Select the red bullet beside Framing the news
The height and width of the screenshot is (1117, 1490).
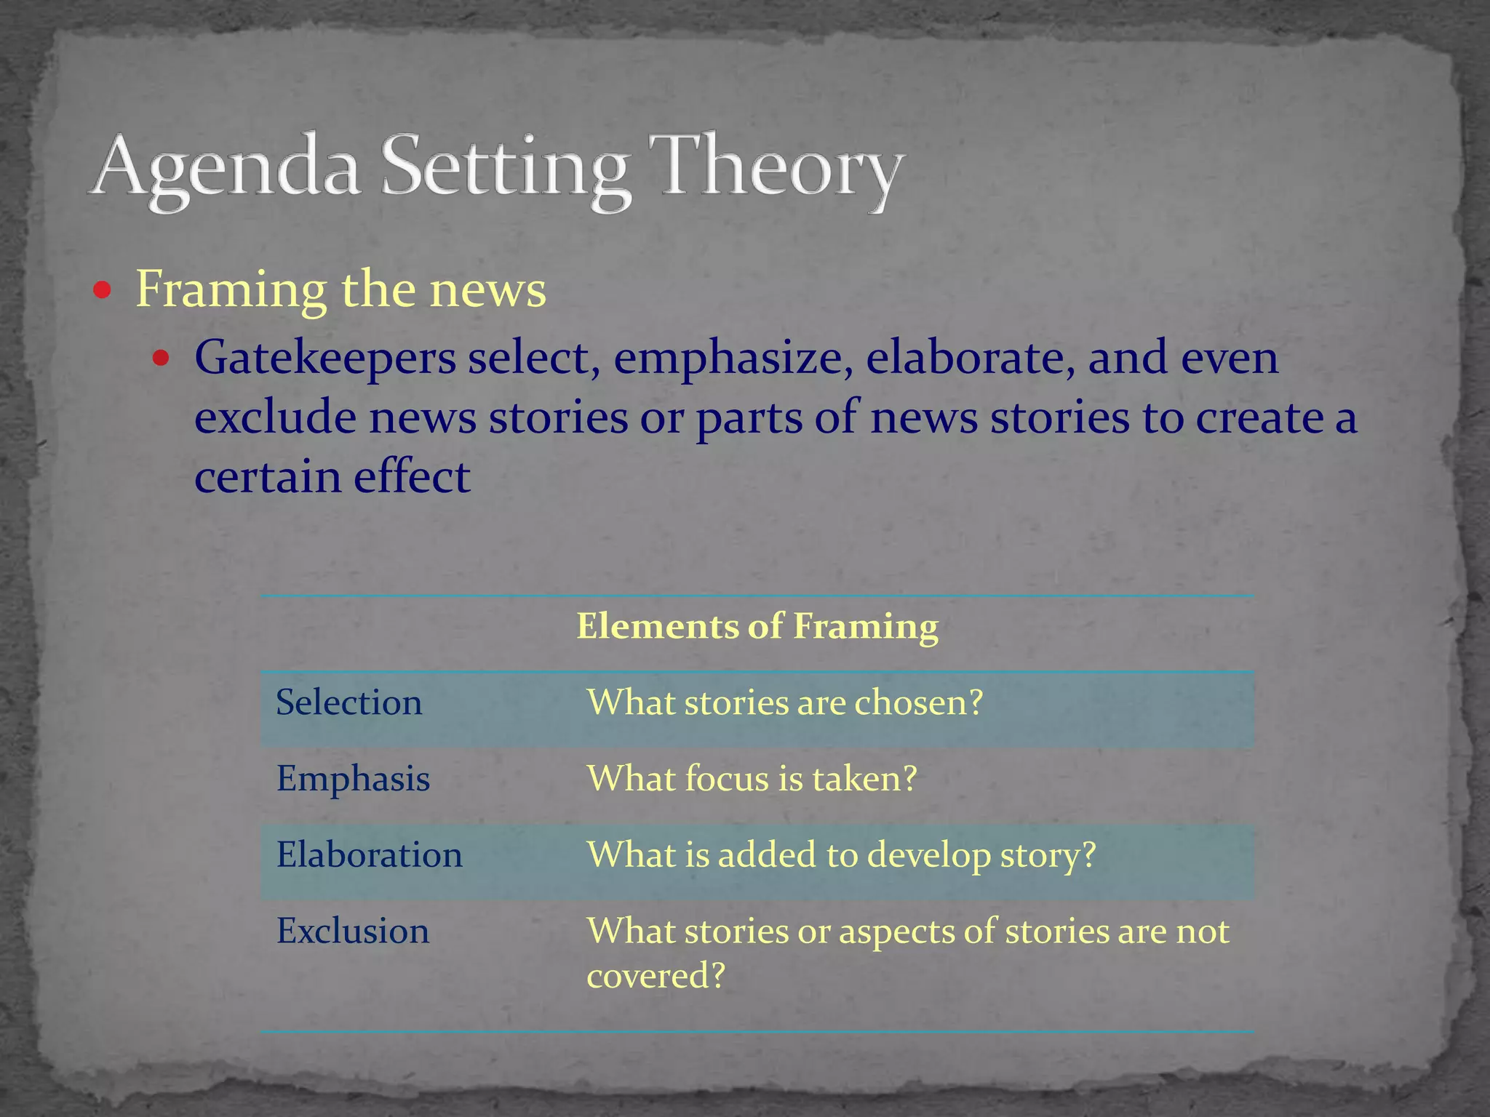pos(103,292)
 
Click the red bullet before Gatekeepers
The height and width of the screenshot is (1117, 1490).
pos(162,359)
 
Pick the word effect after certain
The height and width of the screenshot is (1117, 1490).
pos(412,477)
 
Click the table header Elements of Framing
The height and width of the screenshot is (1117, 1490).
pos(757,626)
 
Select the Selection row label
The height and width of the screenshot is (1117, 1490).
pos(348,702)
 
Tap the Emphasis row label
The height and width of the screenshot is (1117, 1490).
pos(353,779)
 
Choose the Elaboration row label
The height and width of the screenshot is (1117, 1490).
pos(369,854)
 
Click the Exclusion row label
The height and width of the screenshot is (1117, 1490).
pos(353,931)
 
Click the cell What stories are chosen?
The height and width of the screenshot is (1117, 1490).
pos(784,702)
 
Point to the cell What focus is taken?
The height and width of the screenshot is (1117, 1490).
pos(752,779)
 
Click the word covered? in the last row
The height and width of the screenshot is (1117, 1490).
pos(656,975)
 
